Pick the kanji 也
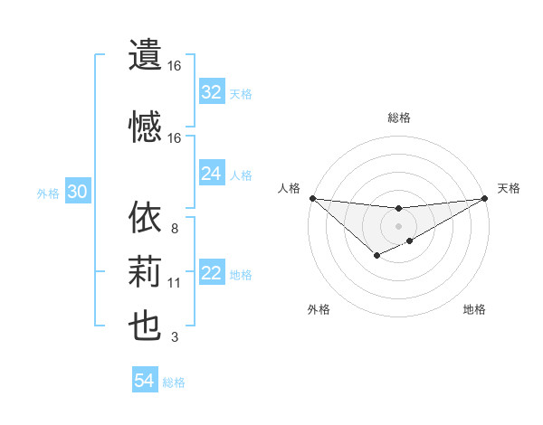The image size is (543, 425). pyautogui.click(x=145, y=326)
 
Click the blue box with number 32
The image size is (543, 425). pyautogui.click(x=211, y=92)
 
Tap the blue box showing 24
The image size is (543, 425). pyautogui.click(x=211, y=174)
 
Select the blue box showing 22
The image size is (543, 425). pyautogui.click(x=211, y=274)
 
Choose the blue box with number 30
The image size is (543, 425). pyautogui.click(x=77, y=192)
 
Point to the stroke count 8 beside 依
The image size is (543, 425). pyautogui.click(x=174, y=229)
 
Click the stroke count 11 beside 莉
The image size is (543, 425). pyautogui.click(x=174, y=283)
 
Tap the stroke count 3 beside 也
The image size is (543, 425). pyautogui.click(x=174, y=337)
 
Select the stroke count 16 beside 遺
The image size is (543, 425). pyautogui.click(x=174, y=66)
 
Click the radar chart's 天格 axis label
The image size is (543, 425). pyautogui.click(x=509, y=188)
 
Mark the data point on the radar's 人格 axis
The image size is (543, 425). pyautogui.click(x=312, y=198)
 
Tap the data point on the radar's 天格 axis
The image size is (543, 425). pyautogui.click(x=485, y=198)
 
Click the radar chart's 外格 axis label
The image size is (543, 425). pyautogui.click(x=318, y=309)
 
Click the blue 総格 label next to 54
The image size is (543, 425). pyautogui.click(x=174, y=382)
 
